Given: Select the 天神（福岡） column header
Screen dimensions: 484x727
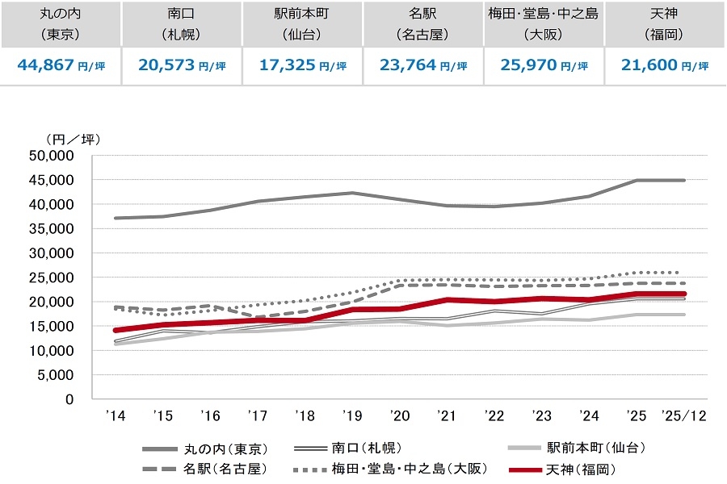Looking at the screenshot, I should [x=665, y=24].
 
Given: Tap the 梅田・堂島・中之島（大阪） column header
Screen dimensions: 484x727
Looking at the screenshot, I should [x=544, y=24].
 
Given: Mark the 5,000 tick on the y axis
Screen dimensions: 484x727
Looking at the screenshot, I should [x=61, y=375].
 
